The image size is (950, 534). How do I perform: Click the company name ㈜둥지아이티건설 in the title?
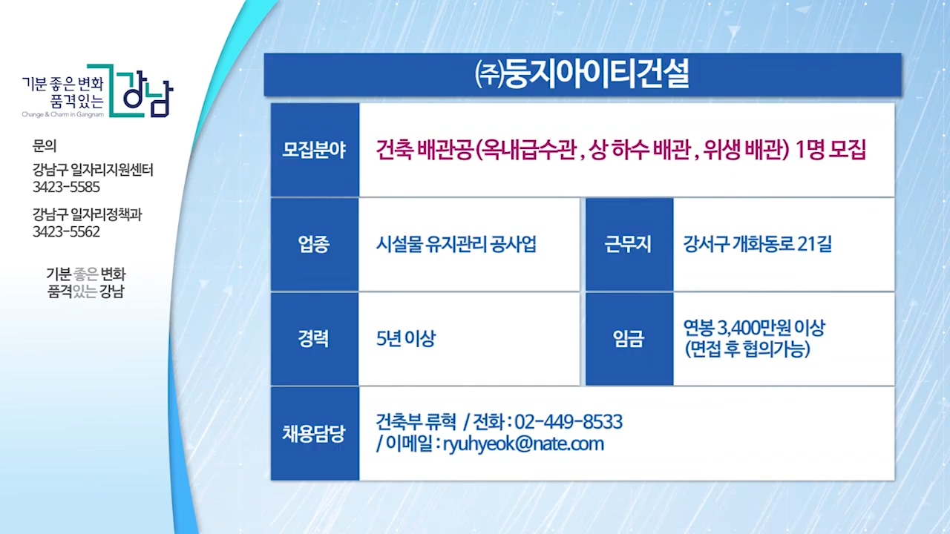pyautogui.click(x=582, y=75)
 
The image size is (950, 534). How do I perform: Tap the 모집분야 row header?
pyautogui.click(x=315, y=150)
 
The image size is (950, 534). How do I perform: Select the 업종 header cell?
pyautogui.click(x=315, y=245)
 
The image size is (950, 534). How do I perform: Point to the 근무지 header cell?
pyautogui.click(x=629, y=245)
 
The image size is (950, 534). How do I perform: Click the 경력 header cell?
pyautogui.click(x=315, y=339)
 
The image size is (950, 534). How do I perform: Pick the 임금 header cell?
pyautogui.click(x=629, y=339)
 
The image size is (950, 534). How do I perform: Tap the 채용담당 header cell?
pyautogui.click(x=315, y=434)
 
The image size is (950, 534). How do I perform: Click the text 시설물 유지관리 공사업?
pyautogui.click(x=456, y=245)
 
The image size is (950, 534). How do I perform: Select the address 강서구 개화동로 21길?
pyautogui.click(x=758, y=244)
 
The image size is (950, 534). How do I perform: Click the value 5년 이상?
pyautogui.click(x=406, y=339)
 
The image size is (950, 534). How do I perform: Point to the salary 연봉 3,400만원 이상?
pyautogui.click(x=754, y=328)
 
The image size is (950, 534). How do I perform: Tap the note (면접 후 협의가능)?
pyautogui.click(x=747, y=349)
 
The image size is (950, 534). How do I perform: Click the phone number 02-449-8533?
pyautogui.click(x=569, y=422)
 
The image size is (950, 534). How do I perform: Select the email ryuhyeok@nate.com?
pyautogui.click(x=523, y=444)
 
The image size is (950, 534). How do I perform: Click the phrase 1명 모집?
pyautogui.click(x=831, y=150)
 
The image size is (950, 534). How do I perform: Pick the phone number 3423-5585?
pyautogui.click(x=66, y=187)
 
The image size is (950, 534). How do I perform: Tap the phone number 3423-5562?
pyautogui.click(x=66, y=232)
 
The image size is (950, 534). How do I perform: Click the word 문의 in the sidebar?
pyautogui.click(x=44, y=146)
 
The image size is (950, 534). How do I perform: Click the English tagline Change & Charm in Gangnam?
pyautogui.click(x=63, y=114)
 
